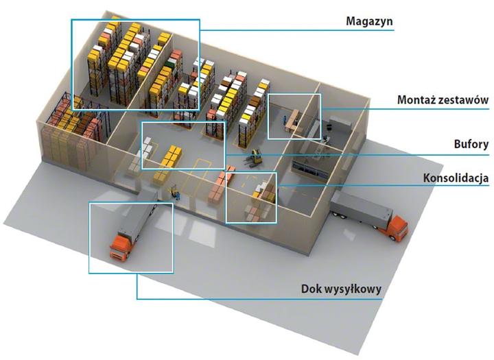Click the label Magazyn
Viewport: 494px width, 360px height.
coord(369,21)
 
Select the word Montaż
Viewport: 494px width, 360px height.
coord(416,100)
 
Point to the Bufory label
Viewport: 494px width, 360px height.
coord(471,144)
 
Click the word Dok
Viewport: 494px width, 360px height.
coord(312,289)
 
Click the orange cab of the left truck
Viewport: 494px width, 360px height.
coord(119,248)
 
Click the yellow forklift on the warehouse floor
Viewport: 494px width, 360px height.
coord(255,158)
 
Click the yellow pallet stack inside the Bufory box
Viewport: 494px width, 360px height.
coord(172,157)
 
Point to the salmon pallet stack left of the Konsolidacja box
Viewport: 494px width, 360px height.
coord(217,188)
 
